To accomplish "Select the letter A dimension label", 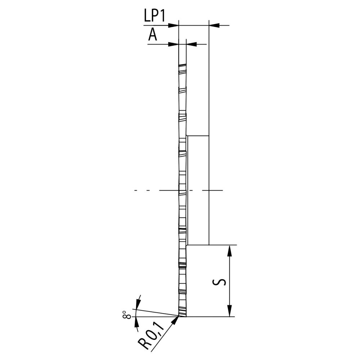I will point(153,35).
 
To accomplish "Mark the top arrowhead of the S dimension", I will point(229,250).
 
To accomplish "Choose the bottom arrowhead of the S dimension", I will point(229,312).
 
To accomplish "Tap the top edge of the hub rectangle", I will point(198,136).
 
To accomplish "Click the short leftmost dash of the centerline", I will point(136,190).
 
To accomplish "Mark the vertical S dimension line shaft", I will point(229,281).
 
